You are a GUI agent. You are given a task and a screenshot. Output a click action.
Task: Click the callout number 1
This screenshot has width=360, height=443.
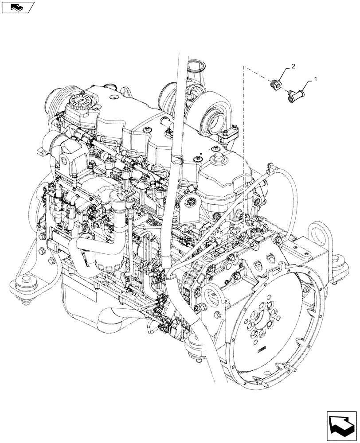[x=315, y=78]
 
